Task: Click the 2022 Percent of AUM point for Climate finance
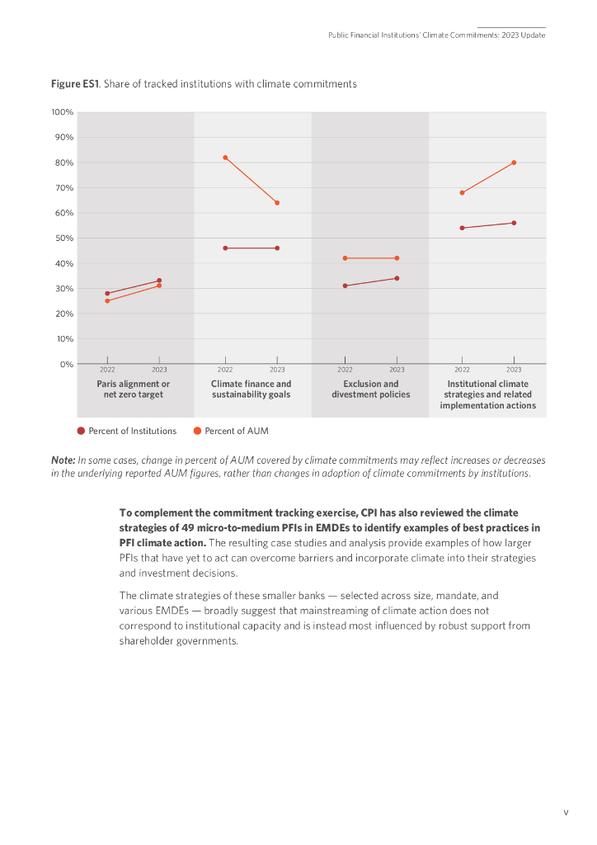(225, 158)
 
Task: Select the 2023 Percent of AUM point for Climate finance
(277, 203)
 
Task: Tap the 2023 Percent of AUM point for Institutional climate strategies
(514, 163)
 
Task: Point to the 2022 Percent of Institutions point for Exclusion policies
(345, 286)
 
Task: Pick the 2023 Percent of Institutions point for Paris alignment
(159, 281)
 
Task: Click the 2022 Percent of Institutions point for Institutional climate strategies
(462, 228)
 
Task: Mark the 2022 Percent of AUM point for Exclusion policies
(345, 258)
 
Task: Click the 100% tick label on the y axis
(63, 112)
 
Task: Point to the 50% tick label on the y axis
(64, 238)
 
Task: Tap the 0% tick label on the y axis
(66, 364)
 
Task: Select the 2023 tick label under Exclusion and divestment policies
(397, 370)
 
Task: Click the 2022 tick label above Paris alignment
(107, 370)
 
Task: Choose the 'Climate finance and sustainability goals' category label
(251, 389)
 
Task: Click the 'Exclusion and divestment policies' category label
(370, 389)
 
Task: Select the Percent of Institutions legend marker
(81, 431)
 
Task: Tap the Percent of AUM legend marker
(197, 431)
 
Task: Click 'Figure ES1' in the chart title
(74, 84)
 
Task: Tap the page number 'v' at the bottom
(566, 813)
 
